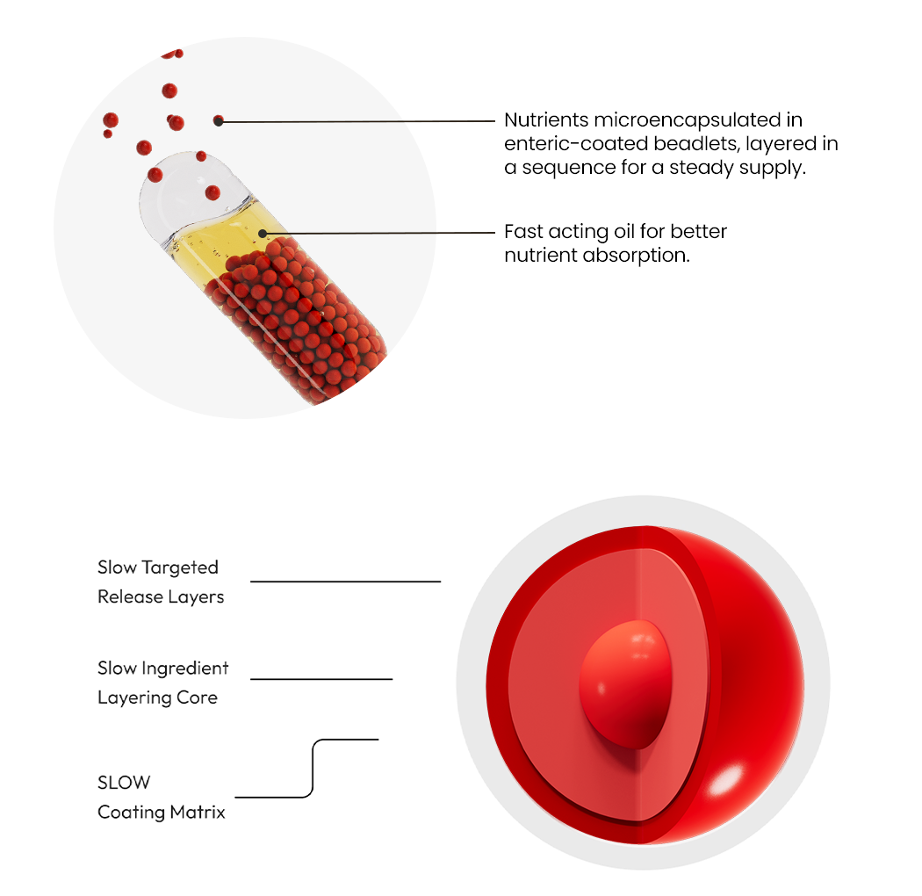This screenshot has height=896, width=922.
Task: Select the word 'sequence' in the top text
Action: point(569,168)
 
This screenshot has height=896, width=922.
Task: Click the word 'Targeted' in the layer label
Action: point(180,567)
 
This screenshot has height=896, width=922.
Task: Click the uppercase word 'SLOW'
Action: point(124,783)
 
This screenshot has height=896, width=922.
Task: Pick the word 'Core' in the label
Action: point(197,697)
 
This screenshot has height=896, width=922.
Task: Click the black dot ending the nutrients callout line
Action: point(218,121)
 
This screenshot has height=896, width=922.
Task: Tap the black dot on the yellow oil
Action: point(263,235)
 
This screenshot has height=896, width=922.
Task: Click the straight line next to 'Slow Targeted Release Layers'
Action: point(346,582)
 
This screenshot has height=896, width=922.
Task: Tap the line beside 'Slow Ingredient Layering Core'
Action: point(321,679)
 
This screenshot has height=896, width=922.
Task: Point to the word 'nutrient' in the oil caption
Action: point(541,256)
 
